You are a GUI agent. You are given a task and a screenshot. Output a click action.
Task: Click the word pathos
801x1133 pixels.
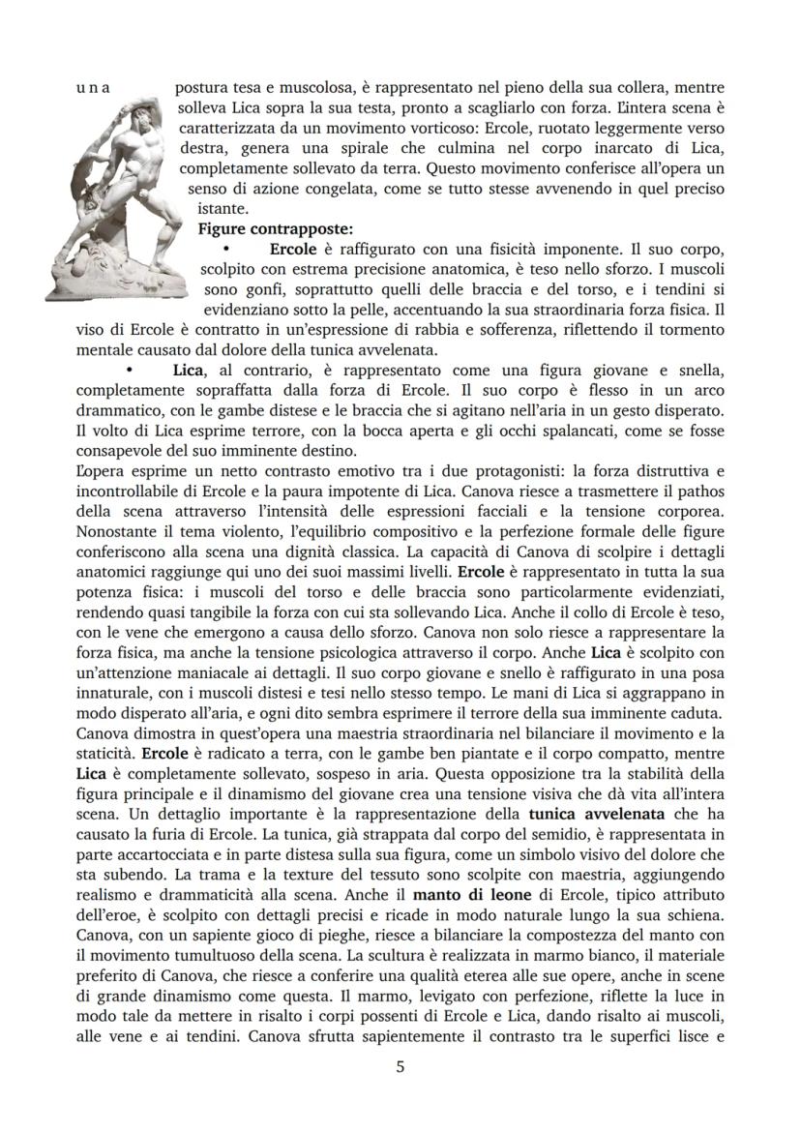click(693, 492)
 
